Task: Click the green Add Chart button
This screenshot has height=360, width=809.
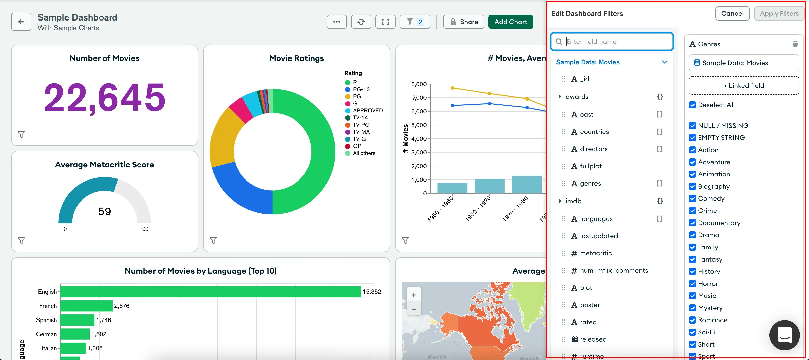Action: coord(510,22)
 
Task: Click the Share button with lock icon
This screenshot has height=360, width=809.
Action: coord(463,22)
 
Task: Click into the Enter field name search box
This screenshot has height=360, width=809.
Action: coord(615,42)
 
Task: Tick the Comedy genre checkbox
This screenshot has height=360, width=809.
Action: coord(692,199)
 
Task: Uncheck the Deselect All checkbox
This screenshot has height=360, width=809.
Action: coord(692,105)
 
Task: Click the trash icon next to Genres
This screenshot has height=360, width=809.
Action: coord(795,44)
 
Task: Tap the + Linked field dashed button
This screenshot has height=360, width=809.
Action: coord(743,85)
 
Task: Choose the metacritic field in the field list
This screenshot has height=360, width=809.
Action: coord(595,253)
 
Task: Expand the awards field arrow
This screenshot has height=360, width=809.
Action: coord(560,97)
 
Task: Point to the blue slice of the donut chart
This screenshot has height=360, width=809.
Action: coord(239,188)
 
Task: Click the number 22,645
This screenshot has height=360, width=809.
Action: coord(104,97)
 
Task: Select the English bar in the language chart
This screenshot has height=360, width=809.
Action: coord(210,292)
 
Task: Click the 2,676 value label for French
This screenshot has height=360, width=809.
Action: coord(122,306)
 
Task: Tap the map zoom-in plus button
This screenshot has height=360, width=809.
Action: coord(414,295)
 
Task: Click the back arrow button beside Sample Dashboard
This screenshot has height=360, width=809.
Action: coord(21,22)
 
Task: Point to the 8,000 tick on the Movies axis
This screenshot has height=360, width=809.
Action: coord(419,84)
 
